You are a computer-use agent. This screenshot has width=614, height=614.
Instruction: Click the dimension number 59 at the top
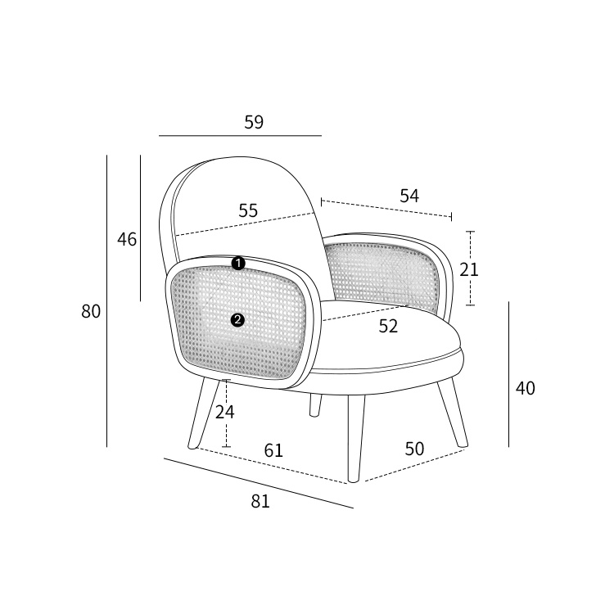pos(254,122)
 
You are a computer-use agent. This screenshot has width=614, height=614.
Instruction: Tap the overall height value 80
pos(91,312)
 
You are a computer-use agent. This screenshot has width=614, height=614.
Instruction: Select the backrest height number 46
pos(127,239)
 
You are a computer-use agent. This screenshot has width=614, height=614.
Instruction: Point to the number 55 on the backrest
pos(248,210)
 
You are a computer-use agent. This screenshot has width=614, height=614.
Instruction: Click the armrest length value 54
pos(409,196)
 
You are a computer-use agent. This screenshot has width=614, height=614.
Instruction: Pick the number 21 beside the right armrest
pos(469,270)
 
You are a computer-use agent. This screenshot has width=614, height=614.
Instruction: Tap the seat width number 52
pos(388,326)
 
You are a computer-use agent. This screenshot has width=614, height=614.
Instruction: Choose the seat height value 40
pos(525,388)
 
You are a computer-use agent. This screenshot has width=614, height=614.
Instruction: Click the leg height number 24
pos(225,412)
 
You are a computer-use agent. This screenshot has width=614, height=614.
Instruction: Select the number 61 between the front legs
pos(273,450)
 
